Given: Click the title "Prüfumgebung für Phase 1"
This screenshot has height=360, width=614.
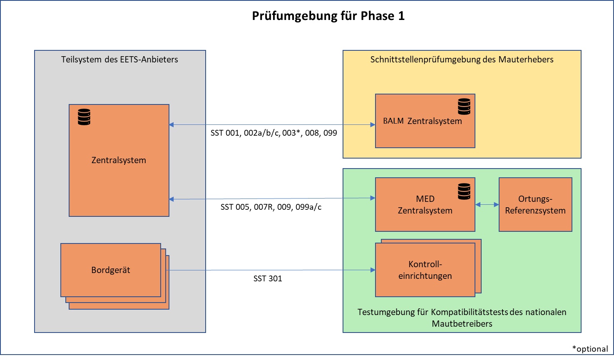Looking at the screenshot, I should click(328, 16).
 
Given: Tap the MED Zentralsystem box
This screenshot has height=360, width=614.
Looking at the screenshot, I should click(425, 205).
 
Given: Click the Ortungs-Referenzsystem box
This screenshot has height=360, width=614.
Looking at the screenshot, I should click(535, 205).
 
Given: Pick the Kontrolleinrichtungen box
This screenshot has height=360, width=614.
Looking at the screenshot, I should click(425, 270).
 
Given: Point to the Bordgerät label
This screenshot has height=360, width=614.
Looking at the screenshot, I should click(111, 270).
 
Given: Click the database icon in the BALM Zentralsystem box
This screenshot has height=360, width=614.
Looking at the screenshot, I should click(464, 107).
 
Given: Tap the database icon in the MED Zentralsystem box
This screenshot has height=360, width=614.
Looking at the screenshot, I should click(464, 191).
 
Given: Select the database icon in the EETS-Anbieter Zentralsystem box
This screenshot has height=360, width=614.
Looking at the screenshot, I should click(84, 117).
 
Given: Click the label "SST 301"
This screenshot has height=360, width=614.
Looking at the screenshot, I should click(268, 279).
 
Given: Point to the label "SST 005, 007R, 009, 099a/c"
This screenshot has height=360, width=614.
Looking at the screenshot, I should click(271, 207).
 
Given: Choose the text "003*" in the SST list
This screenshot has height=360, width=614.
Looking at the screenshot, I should click(291, 133).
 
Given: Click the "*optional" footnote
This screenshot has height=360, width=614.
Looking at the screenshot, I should click(590, 349).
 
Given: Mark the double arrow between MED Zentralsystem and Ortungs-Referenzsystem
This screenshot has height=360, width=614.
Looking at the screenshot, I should click(487, 205).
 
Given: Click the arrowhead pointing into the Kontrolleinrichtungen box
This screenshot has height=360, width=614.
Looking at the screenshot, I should click(373, 270).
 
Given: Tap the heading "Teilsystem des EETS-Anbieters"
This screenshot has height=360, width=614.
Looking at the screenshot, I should click(119, 60).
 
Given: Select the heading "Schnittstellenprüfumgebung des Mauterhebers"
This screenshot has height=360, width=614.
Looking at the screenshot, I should click(462, 60).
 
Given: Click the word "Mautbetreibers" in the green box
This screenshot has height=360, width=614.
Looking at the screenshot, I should click(462, 324).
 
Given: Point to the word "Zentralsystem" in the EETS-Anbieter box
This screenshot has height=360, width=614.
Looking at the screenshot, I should click(119, 160).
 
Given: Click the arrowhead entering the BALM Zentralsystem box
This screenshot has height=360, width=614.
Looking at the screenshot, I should click(373, 124).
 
